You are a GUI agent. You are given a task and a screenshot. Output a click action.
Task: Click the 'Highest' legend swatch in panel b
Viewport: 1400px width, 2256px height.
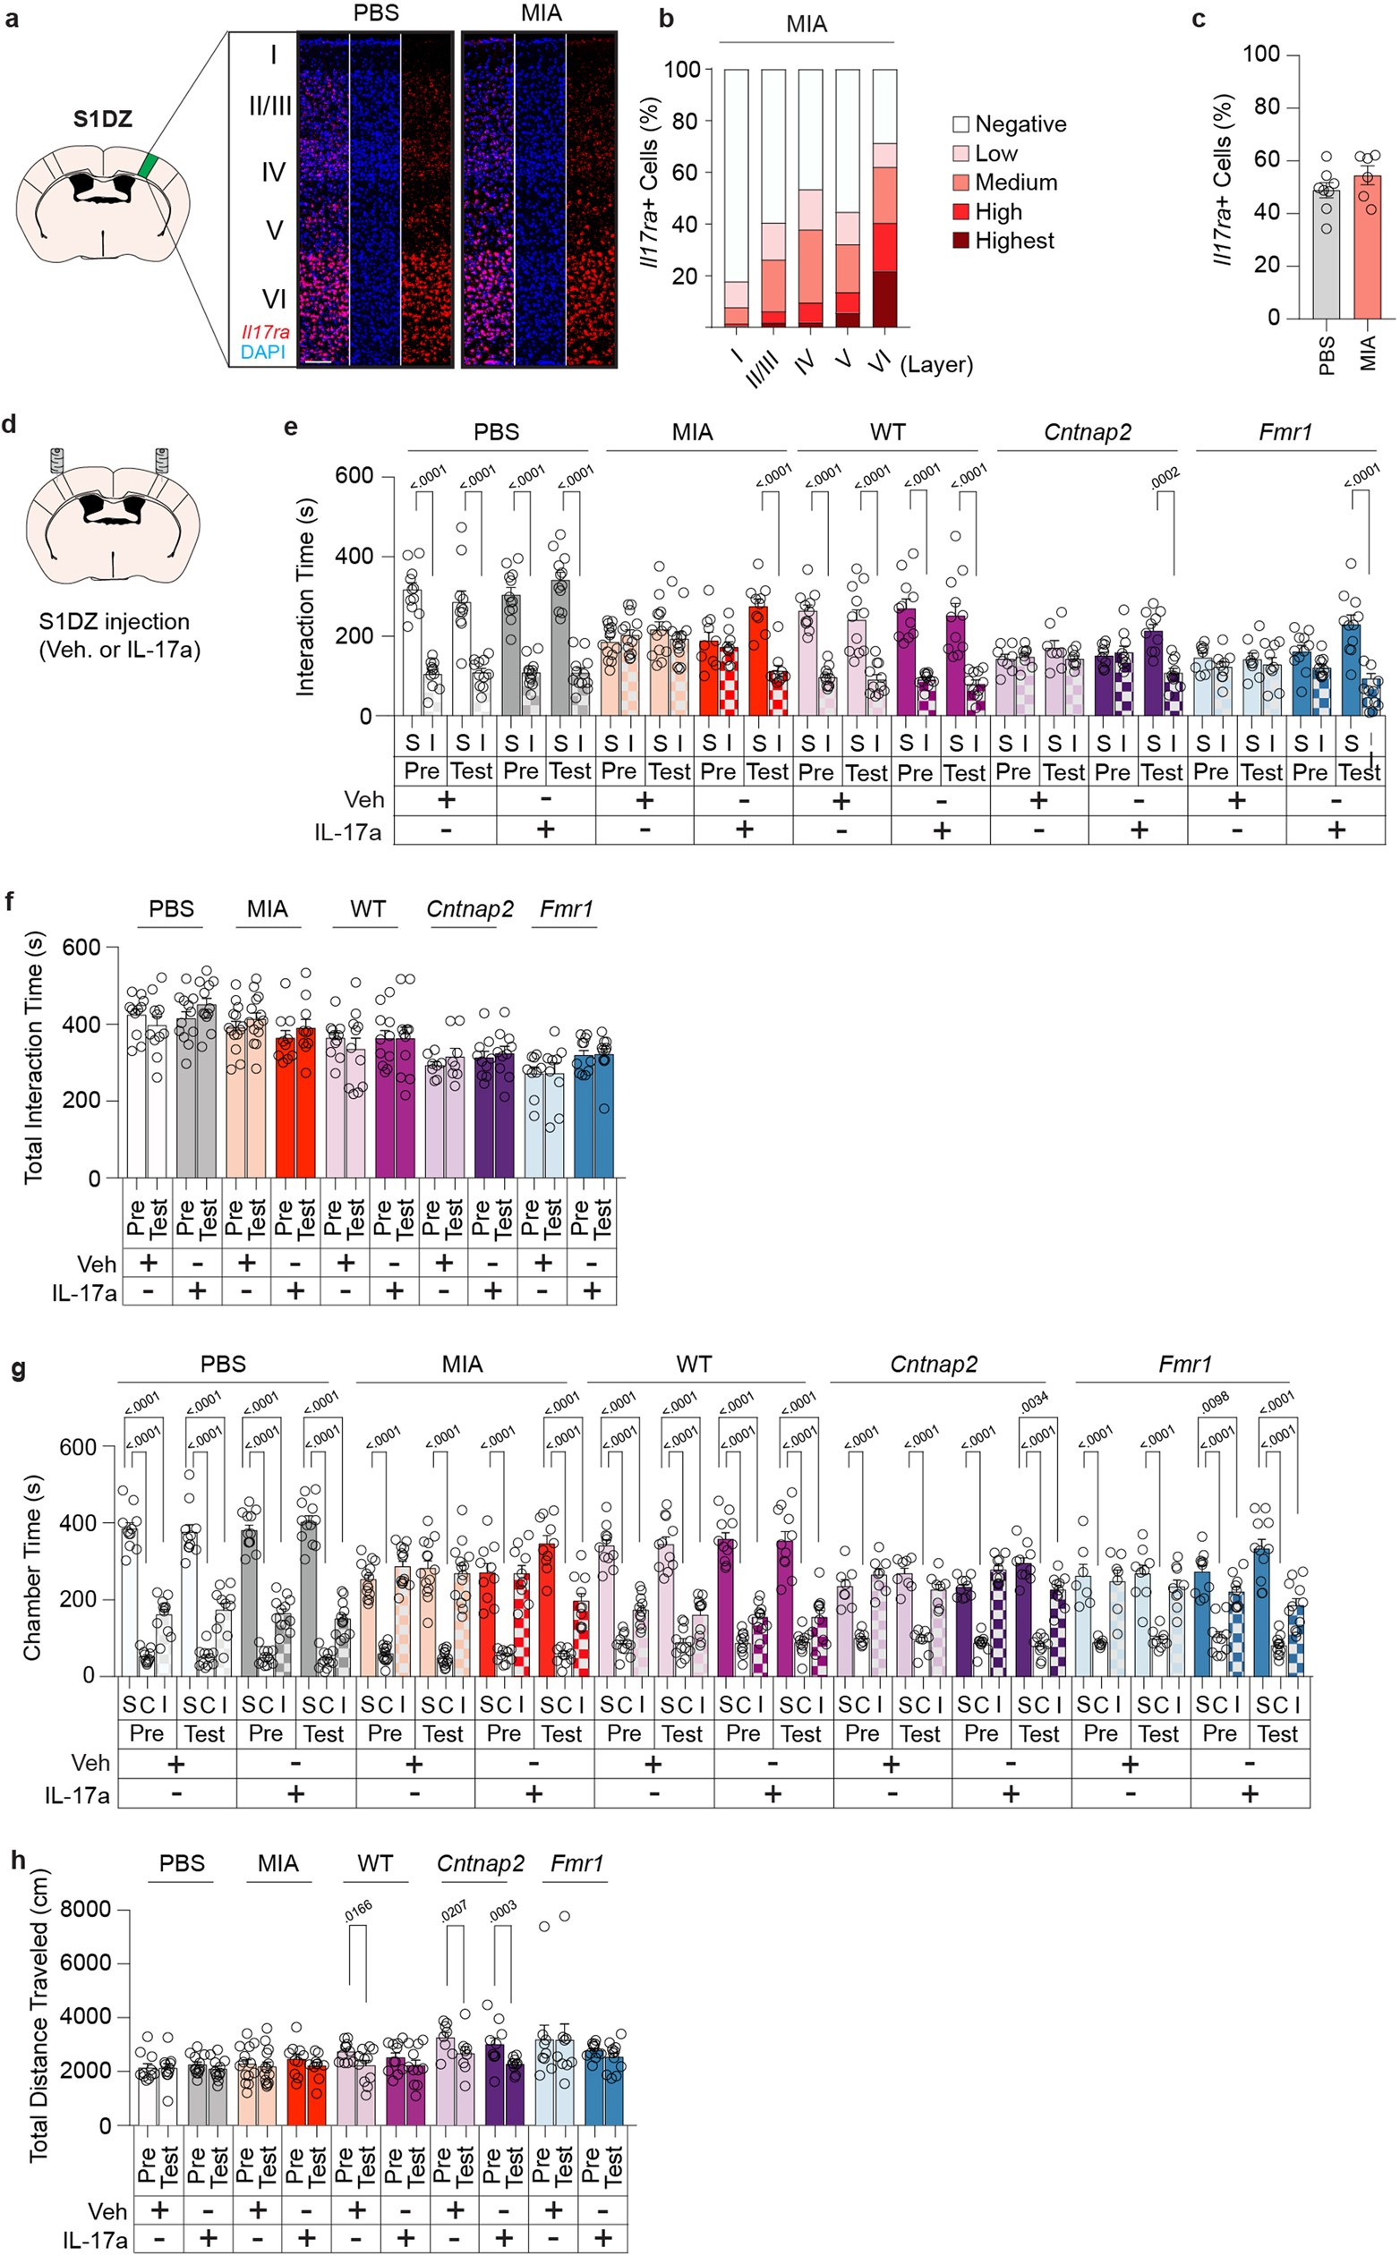[961, 241]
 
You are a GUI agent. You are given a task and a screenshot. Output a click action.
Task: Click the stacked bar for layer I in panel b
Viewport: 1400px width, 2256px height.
[736, 198]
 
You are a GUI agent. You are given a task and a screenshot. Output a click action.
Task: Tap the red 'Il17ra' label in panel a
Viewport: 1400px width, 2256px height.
[265, 332]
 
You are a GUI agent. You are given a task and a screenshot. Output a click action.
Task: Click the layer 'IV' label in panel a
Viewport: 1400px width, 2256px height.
[272, 172]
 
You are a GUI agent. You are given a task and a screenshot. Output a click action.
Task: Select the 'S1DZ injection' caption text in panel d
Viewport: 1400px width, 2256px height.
[114, 621]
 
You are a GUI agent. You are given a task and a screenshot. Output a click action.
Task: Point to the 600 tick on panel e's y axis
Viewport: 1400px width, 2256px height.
[354, 476]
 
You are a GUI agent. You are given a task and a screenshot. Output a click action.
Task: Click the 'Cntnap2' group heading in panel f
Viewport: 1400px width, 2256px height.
[469, 909]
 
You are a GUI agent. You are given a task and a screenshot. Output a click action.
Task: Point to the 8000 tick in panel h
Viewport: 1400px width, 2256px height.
[85, 1910]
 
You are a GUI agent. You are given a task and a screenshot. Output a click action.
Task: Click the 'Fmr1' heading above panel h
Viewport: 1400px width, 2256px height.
[576, 1863]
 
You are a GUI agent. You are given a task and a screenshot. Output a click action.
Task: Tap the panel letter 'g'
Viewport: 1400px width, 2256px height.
[17, 1369]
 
